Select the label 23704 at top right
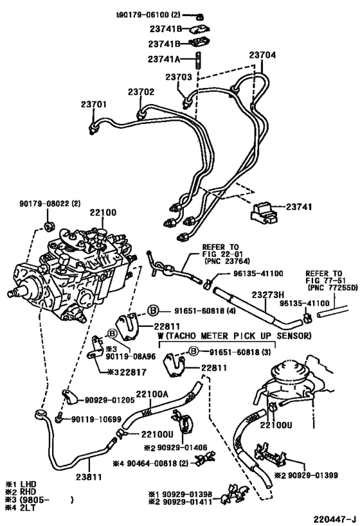[x=262, y=55]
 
